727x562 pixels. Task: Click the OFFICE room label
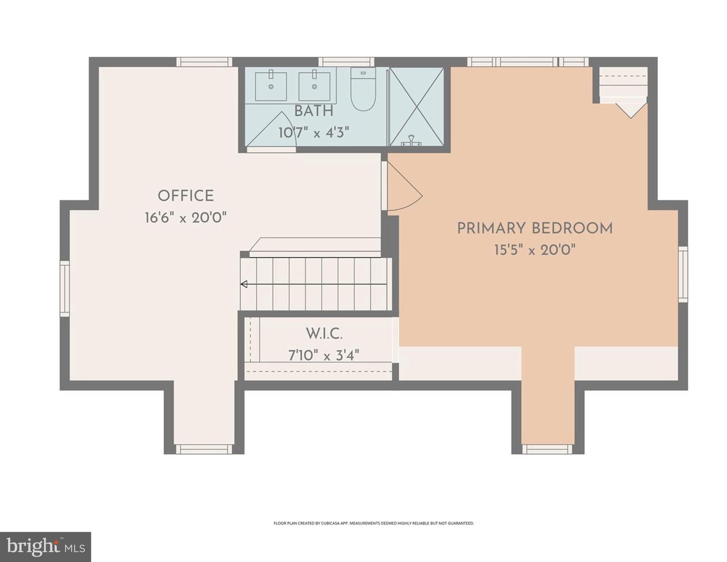[185, 196]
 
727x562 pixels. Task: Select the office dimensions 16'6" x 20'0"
[185, 218]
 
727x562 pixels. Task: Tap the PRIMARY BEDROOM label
[535, 228]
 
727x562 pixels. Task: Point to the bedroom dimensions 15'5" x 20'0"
[535, 250]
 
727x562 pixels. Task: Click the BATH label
[314, 111]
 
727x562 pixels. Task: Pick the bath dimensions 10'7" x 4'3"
[314, 132]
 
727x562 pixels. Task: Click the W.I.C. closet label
[324, 334]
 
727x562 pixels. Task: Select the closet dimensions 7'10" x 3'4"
[324, 355]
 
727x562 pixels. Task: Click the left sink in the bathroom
[271, 86]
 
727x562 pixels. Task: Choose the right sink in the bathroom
[315, 86]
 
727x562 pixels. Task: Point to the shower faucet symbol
[411, 141]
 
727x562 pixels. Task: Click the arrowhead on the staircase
[244, 284]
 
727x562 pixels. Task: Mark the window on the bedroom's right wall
[683, 274]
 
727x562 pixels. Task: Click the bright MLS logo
[45, 547]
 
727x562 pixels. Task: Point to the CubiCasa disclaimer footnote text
[374, 524]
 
